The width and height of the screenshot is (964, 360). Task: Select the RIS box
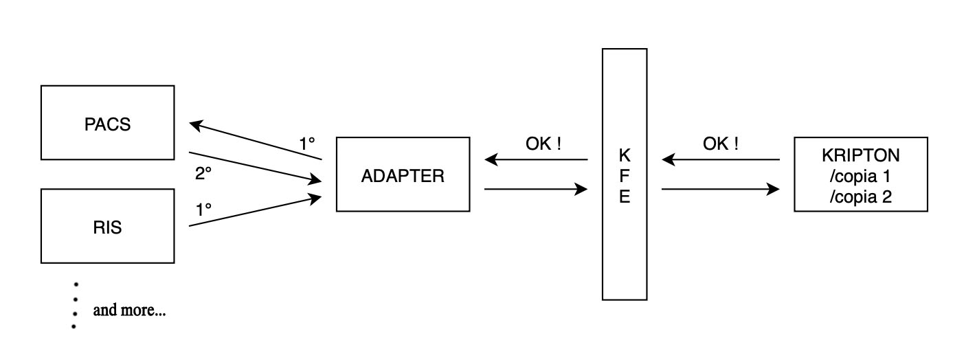pyautogui.click(x=107, y=227)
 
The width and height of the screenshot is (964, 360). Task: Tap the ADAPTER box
pyautogui.click(x=403, y=175)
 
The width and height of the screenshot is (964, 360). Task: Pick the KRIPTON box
pyautogui.click(x=860, y=155)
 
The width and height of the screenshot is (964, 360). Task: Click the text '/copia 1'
pyautogui.click(x=860, y=176)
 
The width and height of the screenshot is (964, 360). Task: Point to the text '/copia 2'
pyautogui.click(x=860, y=197)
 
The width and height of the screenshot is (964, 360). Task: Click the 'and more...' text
pyautogui.click(x=130, y=311)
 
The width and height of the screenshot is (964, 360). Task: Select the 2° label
pyautogui.click(x=203, y=175)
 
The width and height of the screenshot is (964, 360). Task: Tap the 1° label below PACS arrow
pyautogui.click(x=306, y=144)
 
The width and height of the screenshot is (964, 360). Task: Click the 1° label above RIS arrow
pyautogui.click(x=203, y=210)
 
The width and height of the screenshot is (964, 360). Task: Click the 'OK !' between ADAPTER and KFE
pyautogui.click(x=543, y=144)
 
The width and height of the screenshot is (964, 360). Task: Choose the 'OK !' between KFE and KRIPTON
pyautogui.click(x=721, y=144)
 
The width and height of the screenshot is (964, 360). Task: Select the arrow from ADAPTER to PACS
pyautogui.click(x=256, y=142)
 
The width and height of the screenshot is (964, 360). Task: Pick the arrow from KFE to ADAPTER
pyautogui.click(x=536, y=160)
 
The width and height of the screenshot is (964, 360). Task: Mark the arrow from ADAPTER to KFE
pyautogui.click(x=536, y=188)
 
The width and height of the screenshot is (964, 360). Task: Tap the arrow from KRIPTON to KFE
pyautogui.click(x=721, y=160)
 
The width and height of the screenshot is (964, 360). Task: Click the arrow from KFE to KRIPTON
pyautogui.click(x=721, y=188)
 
